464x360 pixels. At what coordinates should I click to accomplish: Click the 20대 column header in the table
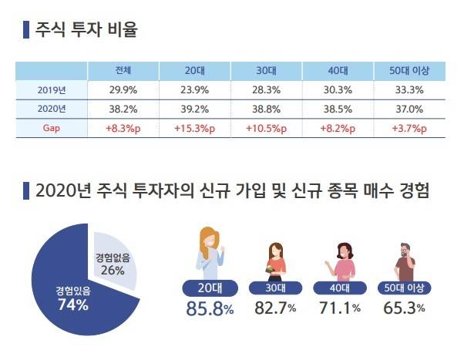(x=195, y=71)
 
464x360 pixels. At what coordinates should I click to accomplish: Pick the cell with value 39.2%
(x=195, y=109)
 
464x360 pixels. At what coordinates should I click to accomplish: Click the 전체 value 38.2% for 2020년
(x=123, y=109)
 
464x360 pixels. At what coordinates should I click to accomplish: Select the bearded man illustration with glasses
(x=405, y=262)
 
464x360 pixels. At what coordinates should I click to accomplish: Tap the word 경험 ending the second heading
(x=409, y=190)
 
